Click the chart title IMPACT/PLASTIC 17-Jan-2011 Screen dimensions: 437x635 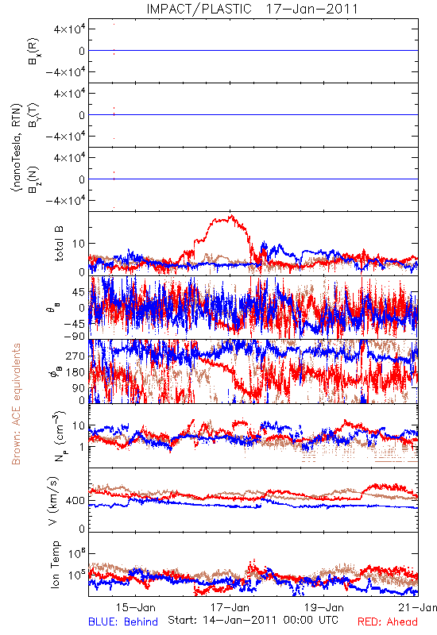coord(252,9)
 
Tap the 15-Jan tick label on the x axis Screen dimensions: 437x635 coord(136,607)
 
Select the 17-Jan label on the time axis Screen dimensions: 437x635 coord(230,607)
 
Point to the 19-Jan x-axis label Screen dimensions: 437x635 coord(324,607)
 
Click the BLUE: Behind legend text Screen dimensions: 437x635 coord(123,622)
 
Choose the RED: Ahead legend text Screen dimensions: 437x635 coord(387,622)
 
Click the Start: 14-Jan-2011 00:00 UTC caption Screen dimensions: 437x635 coord(253,620)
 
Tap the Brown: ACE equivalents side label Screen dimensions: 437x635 coord(16,404)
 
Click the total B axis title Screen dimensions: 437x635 coord(59,244)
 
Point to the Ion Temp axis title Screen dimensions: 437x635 coord(55,564)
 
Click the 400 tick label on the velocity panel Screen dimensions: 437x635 coord(76,501)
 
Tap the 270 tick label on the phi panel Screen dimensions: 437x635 coord(76,356)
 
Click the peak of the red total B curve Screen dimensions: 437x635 coord(231,215)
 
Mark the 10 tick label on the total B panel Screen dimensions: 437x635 coord(79,244)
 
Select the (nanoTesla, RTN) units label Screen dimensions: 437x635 coord(16,148)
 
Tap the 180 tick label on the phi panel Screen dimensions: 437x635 coord(76,372)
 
